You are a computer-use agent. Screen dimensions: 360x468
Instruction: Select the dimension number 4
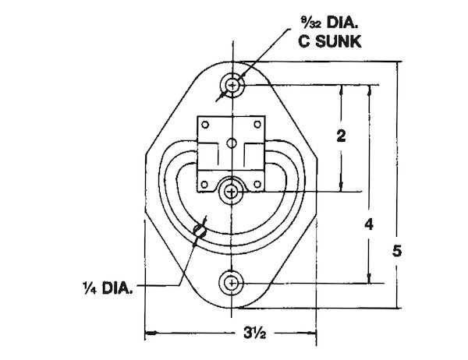[x=370, y=224]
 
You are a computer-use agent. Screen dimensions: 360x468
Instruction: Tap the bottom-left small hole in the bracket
[x=205, y=184]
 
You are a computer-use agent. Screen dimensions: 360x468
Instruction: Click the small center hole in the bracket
[x=231, y=142]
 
